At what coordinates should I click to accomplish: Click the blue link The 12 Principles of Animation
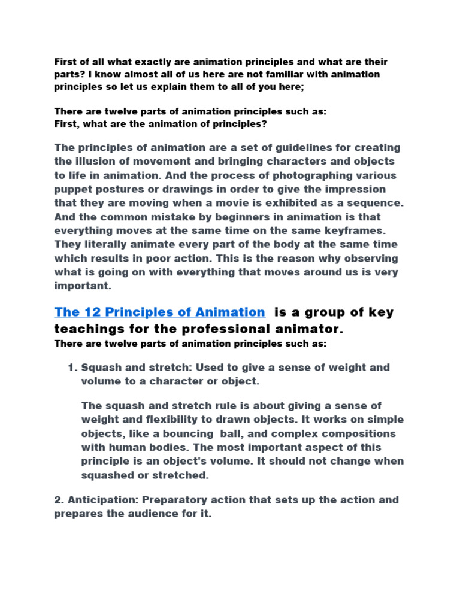[159, 312]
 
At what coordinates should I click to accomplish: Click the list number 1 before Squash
[72, 367]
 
